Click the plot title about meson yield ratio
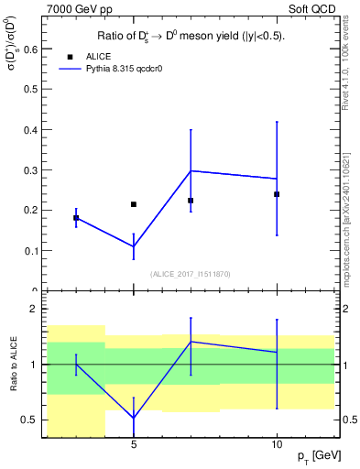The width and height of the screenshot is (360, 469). click(x=191, y=37)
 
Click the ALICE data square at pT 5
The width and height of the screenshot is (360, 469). click(x=134, y=204)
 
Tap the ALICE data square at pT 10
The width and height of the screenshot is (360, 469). click(x=277, y=194)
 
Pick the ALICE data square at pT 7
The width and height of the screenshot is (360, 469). click(x=191, y=201)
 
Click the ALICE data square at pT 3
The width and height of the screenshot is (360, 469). click(x=76, y=218)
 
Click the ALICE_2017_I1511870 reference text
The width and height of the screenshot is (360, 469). click(x=191, y=274)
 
